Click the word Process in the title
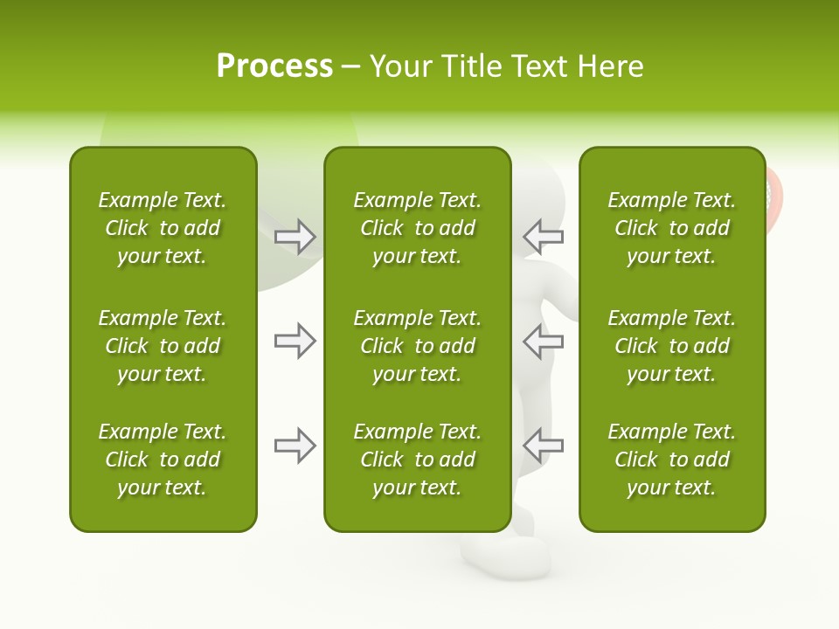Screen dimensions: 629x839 274,66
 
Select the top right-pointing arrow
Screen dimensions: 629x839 295,236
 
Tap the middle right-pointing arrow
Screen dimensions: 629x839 295,341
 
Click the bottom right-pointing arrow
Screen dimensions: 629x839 295,446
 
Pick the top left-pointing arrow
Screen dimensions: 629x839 543,236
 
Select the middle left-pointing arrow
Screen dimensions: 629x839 543,341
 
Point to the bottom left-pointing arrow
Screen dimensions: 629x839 543,446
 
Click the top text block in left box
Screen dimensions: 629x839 163,228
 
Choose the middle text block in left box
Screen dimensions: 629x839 163,346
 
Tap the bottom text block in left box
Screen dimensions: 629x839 163,460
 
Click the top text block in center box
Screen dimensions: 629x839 417,228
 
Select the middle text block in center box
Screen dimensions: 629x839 417,346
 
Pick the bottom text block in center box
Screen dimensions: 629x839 417,460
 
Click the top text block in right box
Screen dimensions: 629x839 671,228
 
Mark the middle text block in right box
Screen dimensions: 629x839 671,346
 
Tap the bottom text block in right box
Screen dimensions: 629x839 671,460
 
